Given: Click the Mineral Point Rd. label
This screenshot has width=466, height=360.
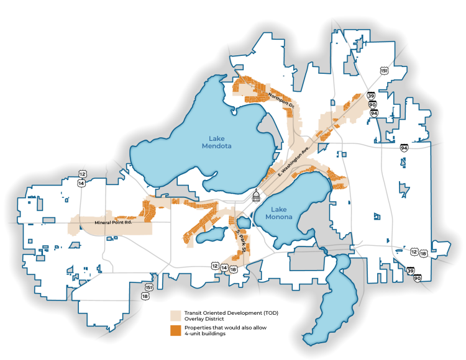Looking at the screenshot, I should coord(114,222).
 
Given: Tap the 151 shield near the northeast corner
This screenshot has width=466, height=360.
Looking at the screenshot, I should coord(385,71).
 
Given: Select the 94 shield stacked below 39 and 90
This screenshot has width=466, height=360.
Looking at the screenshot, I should coord(373,113).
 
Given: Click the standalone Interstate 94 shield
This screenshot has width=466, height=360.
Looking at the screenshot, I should coord(404,148).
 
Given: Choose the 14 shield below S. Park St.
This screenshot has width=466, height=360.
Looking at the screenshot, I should coord(224,268).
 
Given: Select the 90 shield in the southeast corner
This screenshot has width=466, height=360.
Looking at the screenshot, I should coord(416,278).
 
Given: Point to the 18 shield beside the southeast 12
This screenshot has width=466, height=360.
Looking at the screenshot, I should coord(423,253).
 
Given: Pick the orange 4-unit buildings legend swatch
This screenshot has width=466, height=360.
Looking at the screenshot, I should coord(176,330).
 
